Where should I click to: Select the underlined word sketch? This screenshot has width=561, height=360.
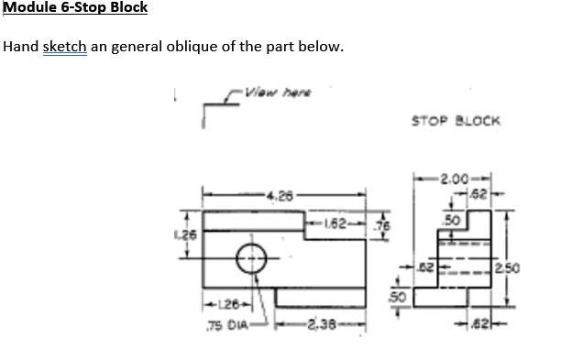64,47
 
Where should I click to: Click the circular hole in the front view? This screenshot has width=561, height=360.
253,260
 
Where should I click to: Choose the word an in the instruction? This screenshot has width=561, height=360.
100,47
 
